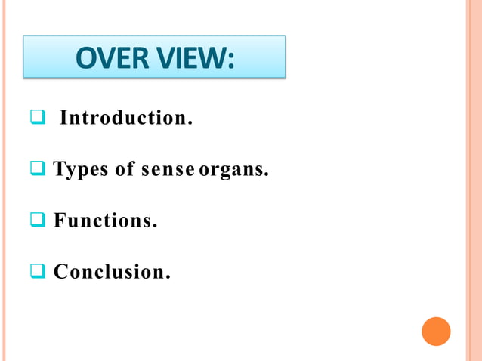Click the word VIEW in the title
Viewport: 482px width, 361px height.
pos(188,57)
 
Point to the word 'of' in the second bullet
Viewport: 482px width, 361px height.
pos(125,170)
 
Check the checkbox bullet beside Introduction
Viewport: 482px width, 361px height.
pos(37,118)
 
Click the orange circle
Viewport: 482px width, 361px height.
pos(436,332)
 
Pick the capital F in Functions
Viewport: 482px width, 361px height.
pos(59,221)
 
